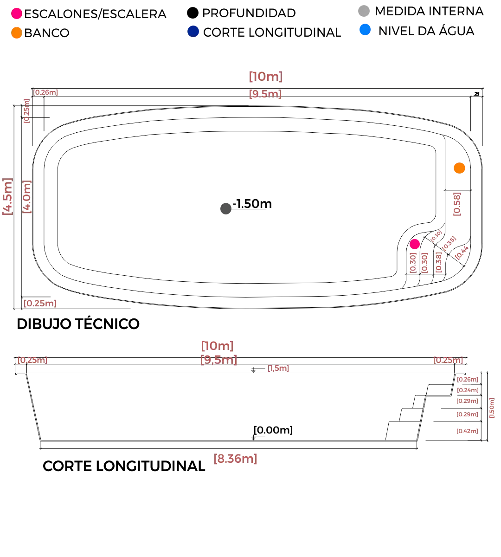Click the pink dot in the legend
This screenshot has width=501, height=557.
17,13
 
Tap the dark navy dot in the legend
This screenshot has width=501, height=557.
193,32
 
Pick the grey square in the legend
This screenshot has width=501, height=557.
364,11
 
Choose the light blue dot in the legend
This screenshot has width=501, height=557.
365,31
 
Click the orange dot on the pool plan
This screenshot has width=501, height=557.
459,168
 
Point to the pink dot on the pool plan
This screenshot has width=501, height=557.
414,244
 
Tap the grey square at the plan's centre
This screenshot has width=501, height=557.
226,208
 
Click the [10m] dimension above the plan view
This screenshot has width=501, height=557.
265,76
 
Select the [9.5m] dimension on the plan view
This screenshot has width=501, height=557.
265,94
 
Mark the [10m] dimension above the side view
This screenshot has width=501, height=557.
217,346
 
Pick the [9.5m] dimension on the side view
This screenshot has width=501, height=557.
218,360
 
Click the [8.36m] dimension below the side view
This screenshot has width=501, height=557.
235,460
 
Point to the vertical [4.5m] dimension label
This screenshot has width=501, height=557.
7,197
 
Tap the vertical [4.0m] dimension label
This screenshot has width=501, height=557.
27,196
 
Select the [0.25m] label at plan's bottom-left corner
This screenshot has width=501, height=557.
41,304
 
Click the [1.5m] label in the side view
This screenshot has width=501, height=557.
278,369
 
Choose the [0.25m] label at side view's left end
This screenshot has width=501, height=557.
32,360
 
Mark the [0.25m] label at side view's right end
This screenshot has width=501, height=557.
448,360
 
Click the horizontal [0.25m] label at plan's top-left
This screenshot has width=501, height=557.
46,92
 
